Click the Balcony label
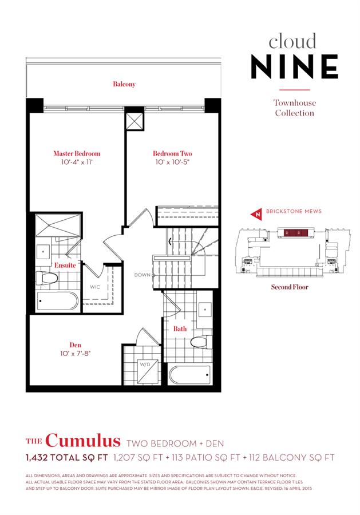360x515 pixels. [124, 85]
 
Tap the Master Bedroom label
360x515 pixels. [77, 153]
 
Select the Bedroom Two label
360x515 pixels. [172, 153]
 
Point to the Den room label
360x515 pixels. [76, 345]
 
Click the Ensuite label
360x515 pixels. [65, 266]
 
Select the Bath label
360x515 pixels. [180, 329]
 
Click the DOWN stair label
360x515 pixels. [142, 275]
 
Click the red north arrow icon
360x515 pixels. [257, 214]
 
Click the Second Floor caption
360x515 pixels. [289, 287]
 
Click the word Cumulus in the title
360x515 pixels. [82, 441]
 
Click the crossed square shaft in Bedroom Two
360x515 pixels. [134, 121]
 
